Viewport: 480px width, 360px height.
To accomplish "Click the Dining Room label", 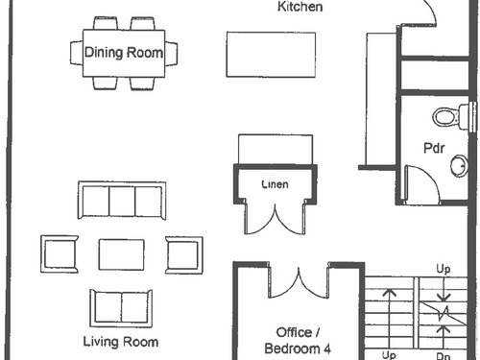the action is tap(124, 53).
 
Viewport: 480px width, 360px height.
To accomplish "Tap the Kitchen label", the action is tap(300, 7).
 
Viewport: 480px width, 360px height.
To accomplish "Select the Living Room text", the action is tap(121, 342).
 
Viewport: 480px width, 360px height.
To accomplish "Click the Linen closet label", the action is tap(275, 184).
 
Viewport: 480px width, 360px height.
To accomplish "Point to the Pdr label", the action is tap(434, 148).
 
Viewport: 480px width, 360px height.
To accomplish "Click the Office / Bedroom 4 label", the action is tap(298, 341).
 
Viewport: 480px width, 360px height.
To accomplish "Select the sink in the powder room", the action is tap(460, 166).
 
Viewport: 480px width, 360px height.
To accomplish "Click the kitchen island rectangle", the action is tap(271, 55).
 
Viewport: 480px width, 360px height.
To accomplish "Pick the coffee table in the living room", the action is tap(121, 254).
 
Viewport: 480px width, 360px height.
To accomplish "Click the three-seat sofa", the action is tap(122, 201).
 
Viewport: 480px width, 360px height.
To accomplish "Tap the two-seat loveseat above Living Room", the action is tap(121, 308).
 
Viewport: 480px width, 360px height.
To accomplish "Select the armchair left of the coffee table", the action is tap(60, 254).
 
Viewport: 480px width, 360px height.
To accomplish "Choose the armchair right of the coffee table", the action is tap(184, 255).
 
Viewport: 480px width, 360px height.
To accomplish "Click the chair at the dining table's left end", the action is tap(77, 53).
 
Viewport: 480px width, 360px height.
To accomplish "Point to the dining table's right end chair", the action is tap(171, 54).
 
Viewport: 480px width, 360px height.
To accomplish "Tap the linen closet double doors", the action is tap(275, 221).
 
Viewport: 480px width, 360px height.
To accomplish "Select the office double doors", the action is tap(299, 285).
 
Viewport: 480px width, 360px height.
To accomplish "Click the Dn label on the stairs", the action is tap(444, 355).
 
